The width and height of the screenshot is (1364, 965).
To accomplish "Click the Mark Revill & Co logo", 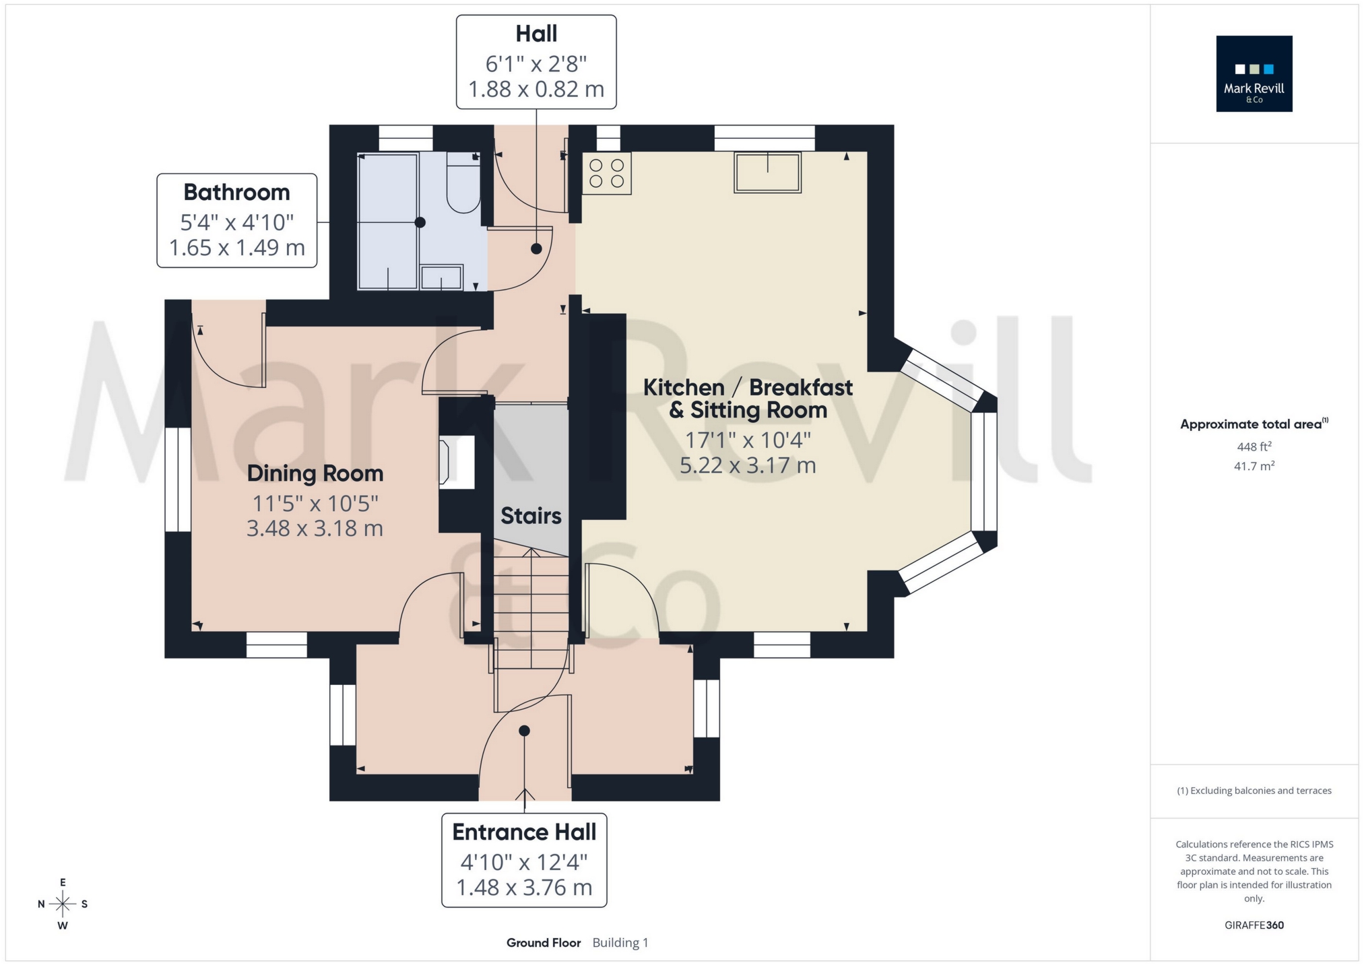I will [x=1254, y=73].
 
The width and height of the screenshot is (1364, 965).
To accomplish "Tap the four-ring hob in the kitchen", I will [x=606, y=173].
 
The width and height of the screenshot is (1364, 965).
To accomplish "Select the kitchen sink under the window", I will [x=767, y=173].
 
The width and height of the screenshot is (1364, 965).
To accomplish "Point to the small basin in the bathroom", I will [x=441, y=277].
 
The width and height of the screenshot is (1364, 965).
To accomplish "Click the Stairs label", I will [x=531, y=516].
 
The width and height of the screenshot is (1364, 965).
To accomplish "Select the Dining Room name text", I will [x=315, y=473].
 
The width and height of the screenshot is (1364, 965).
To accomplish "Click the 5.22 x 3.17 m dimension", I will [x=748, y=465].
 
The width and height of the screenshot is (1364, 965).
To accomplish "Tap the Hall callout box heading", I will [x=536, y=34].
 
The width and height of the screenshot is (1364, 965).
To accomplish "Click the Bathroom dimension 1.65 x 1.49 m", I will [x=236, y=248].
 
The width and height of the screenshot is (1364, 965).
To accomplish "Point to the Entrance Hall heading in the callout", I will [x=524, y=832].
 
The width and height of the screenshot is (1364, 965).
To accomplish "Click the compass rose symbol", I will [x=63, y=904].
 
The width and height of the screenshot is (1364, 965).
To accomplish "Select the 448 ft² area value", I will [x=1254, y=446].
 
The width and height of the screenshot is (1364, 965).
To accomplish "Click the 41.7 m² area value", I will [x=1254, y=466].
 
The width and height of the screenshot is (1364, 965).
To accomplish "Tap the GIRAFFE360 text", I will [x=1254, y=925].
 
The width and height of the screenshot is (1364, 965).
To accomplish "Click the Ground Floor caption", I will [x=544, y=943].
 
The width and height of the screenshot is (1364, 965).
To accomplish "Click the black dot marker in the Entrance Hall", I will [x=524, y=731].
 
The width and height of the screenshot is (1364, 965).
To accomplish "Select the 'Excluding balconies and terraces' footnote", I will [x=1254, y=791].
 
